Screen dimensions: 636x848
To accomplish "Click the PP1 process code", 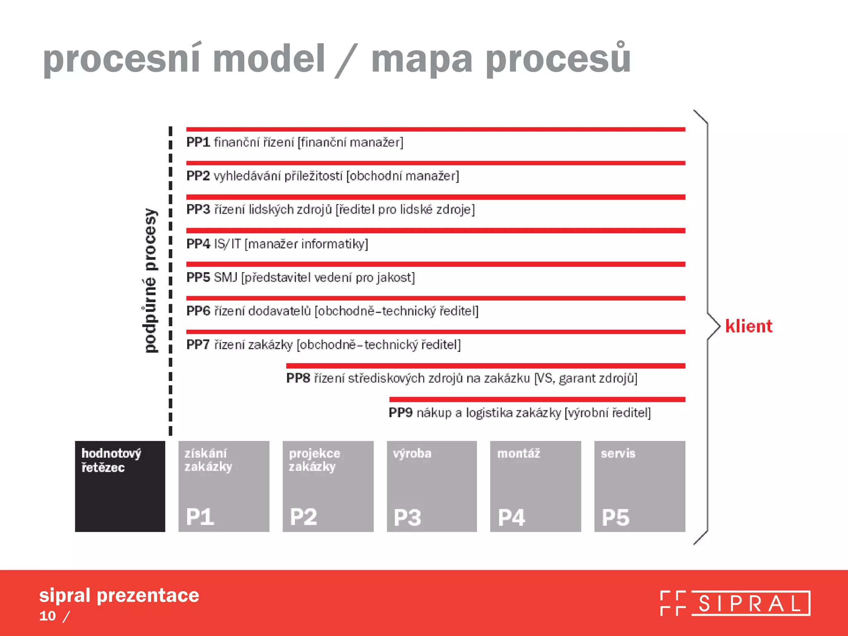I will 198,142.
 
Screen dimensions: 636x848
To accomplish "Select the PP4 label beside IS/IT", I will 198,243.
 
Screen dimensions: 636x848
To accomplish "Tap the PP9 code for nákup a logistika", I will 400,412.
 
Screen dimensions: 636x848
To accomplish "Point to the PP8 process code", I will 298,378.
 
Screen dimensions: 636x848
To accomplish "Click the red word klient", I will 749,326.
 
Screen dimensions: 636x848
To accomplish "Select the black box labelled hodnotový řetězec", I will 120,486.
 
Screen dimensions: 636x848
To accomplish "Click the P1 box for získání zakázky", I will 224,486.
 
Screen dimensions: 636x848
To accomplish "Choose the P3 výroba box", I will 431,486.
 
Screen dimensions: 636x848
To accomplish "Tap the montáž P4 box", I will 535,486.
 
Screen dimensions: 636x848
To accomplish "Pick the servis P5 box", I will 639,486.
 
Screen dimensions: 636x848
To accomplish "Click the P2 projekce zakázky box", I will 328,486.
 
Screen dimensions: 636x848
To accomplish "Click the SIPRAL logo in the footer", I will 735,603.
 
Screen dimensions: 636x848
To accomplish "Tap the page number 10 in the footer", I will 48,616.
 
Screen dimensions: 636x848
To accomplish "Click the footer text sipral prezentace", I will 119,595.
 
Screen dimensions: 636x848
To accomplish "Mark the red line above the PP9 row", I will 537,400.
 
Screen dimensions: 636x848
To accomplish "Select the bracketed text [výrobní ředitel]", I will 607,412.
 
